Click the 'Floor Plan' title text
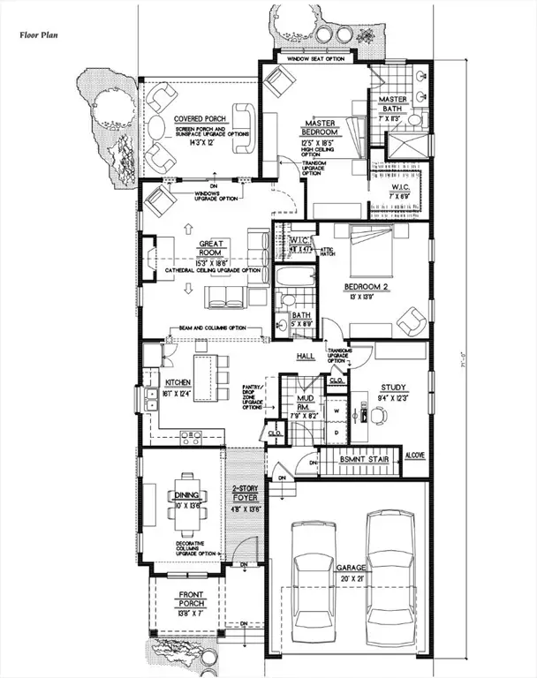tap(39, 36)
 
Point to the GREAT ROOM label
tap(215, 247)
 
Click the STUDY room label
tap(393, 387)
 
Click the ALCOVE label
tap(415, 456)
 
